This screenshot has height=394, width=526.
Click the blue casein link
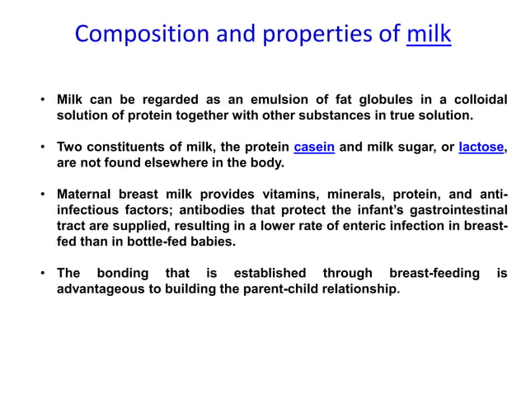314,148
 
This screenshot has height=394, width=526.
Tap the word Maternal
87,195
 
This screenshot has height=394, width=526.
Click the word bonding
123,273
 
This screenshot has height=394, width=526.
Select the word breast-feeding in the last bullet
434,273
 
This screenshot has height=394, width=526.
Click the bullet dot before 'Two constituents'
43,148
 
